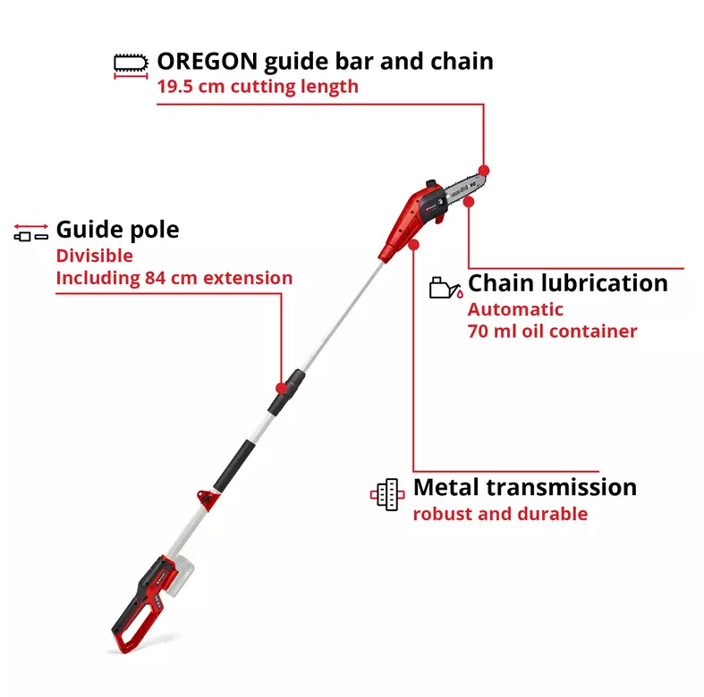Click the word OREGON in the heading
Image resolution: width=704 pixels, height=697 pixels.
click(x=207, y=61)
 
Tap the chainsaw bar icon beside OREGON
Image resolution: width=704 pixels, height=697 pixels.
click(x=131, y=66)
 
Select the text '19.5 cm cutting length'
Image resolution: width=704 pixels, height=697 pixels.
click(x=258, y=87)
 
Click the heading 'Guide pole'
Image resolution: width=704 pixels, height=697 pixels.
click(x=118, y=230)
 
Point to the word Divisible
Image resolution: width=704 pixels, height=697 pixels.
click(x=95, y=256)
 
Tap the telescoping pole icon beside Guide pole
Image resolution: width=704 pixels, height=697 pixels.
click(x=31, y=232)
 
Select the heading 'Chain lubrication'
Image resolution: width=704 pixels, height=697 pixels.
click(x=568, y=283)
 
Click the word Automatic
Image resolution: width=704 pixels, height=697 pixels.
click(x=515, y=309)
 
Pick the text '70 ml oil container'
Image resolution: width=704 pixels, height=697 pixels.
click(x=552, y=332)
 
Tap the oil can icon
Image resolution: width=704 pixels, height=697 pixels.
click(x=445, y=288)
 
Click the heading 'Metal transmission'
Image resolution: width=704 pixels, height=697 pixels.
click(x=525, y=487)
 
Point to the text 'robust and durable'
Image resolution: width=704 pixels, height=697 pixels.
click(x=500, y=514)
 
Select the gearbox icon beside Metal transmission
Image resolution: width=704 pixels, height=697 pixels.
click(x=387, y=494)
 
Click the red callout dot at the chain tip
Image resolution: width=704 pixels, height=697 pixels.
click(x=484, y=171)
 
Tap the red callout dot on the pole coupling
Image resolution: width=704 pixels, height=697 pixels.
click(x=282, y=389)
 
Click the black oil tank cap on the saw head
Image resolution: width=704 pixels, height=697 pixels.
click(x=431, y=184)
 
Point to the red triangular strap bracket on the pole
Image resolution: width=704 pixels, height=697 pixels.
click(x=208, y=500)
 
